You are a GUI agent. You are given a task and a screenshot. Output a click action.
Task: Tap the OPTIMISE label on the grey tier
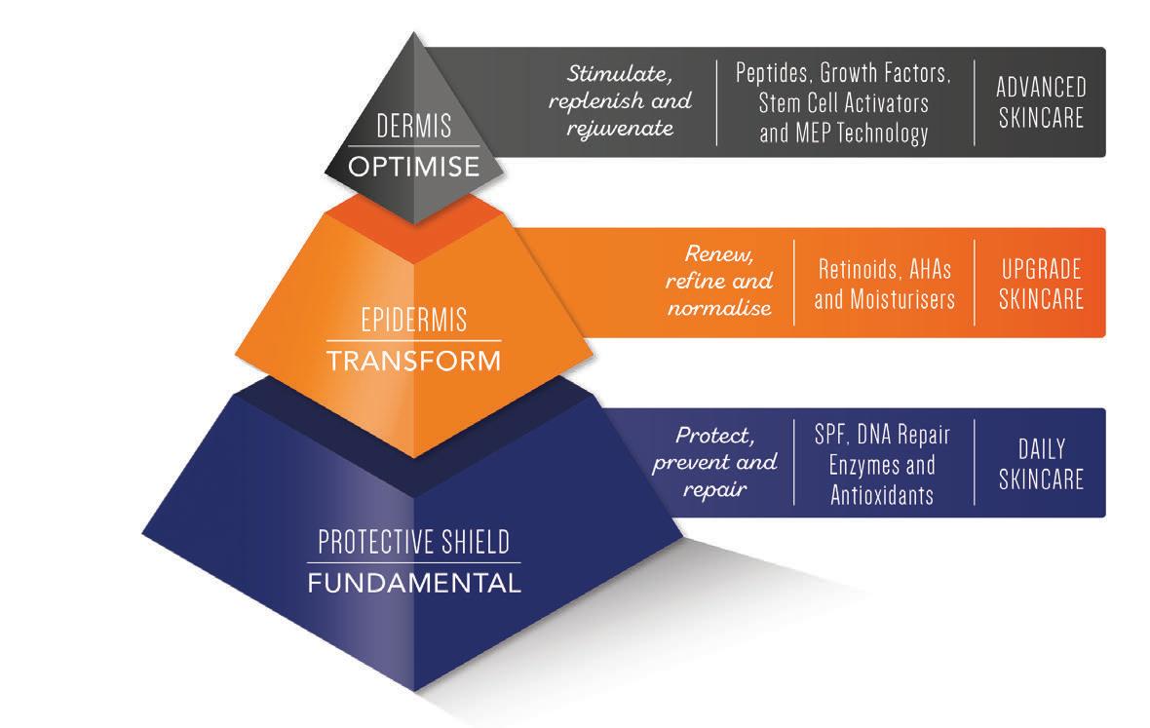coord(414,166)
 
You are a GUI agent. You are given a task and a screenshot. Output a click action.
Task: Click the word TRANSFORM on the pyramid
coord(413,361)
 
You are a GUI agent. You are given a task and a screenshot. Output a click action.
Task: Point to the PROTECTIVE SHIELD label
coord(413,541)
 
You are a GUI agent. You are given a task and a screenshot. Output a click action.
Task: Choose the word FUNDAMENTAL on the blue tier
coord(413,584)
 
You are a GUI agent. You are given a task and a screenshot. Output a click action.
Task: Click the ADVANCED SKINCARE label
coord(1040,102)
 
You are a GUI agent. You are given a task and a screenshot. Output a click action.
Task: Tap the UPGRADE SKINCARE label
coord(1040,283)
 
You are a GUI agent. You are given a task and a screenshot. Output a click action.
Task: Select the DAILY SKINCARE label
coord(1040,464)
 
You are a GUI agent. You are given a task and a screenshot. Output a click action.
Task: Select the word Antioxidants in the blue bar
coord(882,494)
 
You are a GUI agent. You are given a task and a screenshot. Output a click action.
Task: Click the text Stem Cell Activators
coord(844,103)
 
